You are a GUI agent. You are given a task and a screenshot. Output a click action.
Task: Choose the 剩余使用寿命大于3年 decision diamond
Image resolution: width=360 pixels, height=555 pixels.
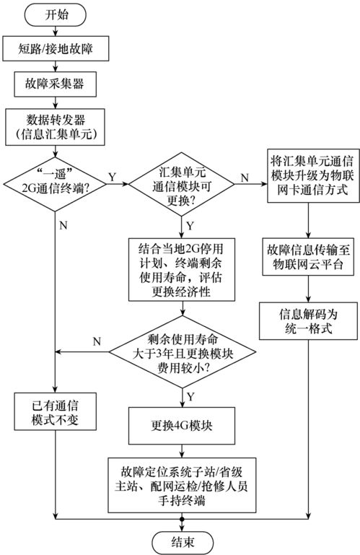tap(181, 351)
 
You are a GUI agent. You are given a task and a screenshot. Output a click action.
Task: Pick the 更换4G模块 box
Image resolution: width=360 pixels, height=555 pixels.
tap(181, 424)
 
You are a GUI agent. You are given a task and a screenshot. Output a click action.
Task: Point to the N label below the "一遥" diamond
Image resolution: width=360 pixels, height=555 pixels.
tap(63, 225)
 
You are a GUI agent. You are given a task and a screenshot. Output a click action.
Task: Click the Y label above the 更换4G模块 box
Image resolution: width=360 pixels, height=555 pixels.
tap(189, 396)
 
